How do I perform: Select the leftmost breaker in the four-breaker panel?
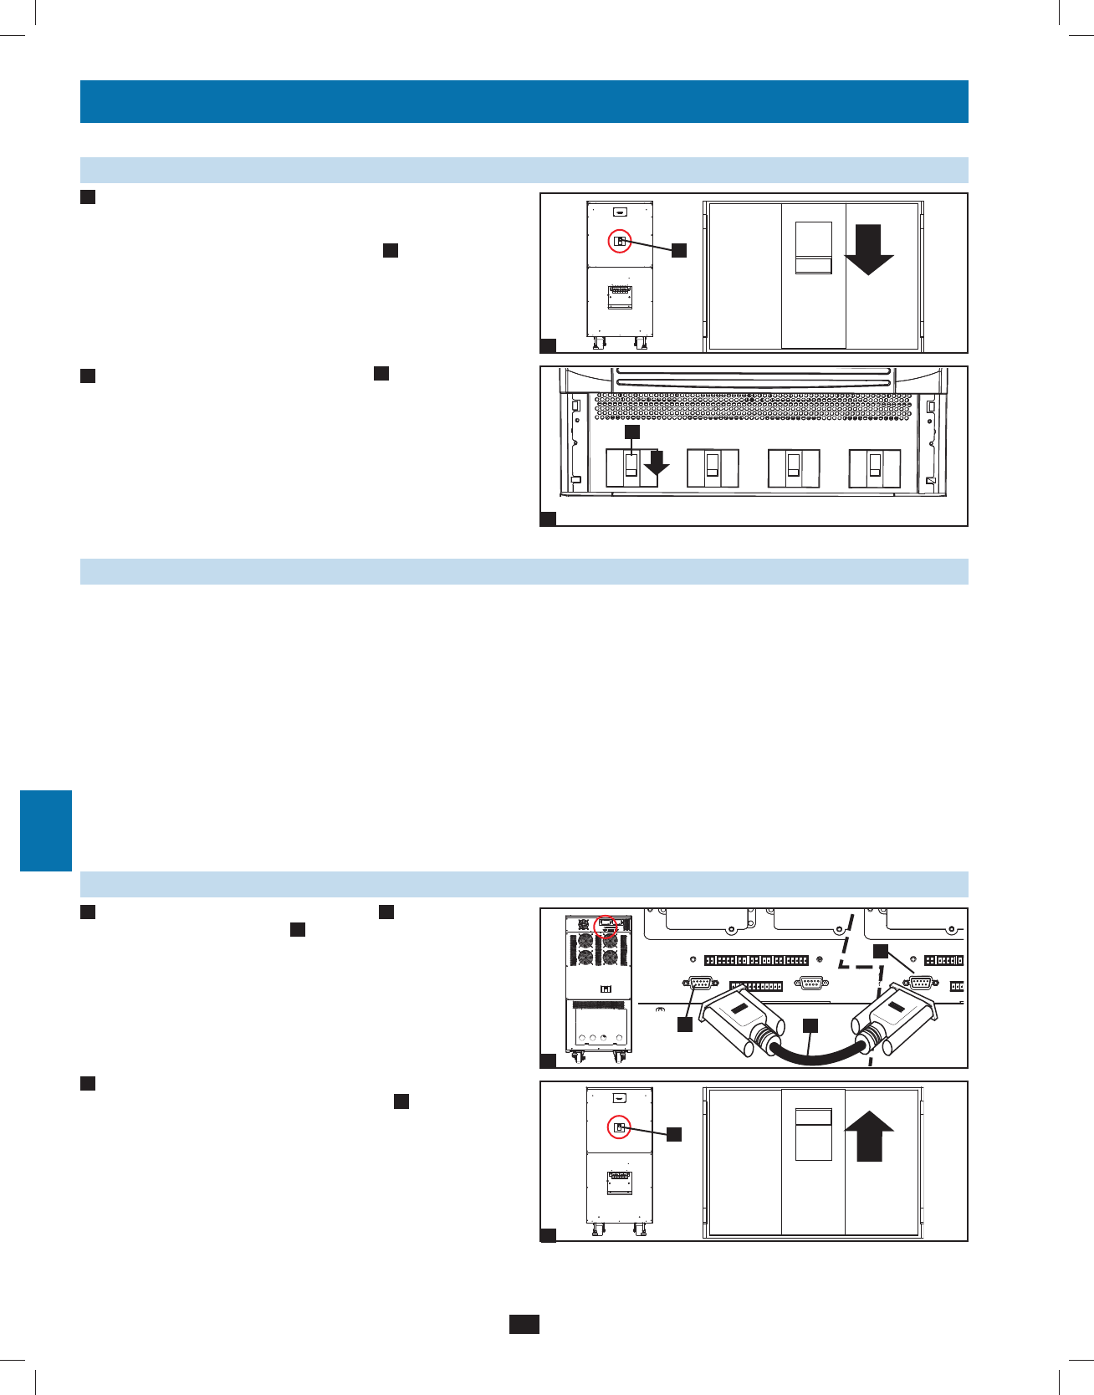631,468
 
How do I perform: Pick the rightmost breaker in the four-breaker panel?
875,468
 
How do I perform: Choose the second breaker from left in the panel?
713,468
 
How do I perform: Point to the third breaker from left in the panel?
794,468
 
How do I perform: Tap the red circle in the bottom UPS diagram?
620,1127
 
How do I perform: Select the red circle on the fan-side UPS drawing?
606,927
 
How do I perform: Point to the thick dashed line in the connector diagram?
878,987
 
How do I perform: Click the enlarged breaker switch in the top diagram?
813,248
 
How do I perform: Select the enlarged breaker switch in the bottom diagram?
813,1134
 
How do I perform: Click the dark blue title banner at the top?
524,101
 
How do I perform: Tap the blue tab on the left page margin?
46,830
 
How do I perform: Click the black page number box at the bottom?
524,1324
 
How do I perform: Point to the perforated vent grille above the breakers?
753,407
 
